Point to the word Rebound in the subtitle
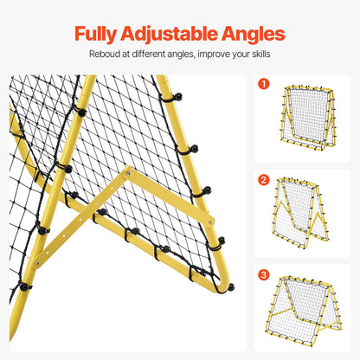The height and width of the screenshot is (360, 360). (107, 55)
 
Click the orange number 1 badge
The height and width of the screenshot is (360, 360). (264, 85)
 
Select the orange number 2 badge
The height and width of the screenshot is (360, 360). (264, 179)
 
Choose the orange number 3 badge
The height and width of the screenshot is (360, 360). (264, 274)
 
